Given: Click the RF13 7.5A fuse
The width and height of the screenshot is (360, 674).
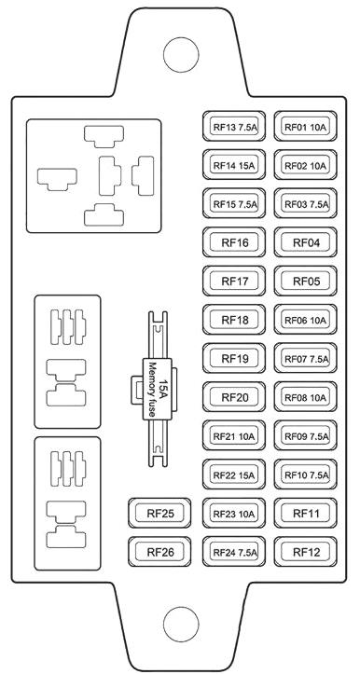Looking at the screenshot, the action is point(234,127).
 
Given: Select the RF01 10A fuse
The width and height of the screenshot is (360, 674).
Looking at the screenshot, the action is point(305,127).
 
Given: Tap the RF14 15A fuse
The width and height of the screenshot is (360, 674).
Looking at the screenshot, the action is point(234,165).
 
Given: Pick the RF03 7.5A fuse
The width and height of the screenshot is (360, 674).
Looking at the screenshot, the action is point(305,204).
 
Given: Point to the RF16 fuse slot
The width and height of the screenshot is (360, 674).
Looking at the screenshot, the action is point(234,242).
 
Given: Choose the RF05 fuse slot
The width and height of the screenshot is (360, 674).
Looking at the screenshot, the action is point(305,282).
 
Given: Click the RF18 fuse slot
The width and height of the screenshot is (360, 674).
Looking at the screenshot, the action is point(234,320).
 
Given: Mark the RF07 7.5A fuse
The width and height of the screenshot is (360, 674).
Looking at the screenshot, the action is point(305,359).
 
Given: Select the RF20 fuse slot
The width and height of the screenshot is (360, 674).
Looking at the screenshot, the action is point(234,397).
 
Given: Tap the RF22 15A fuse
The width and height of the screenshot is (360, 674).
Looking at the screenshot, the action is point(234,475).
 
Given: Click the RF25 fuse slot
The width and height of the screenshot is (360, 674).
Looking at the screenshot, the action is point(159,514).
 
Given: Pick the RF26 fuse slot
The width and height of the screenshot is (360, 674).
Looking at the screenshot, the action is point(159,552).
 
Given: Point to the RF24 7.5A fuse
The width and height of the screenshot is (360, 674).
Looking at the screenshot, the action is point(234,552).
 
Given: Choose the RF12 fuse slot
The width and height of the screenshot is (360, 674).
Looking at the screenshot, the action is point(305,552).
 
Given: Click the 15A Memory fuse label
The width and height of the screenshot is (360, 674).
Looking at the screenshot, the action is point(158,389).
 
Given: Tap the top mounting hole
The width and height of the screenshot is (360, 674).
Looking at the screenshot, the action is point(181,55).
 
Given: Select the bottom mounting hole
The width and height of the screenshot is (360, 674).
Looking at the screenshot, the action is point(181,624).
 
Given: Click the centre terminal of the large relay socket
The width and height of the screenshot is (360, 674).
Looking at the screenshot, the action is point(110,176).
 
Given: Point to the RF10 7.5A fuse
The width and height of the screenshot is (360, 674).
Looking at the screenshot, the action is point(305,475).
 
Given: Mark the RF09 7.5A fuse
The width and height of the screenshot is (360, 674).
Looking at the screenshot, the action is point(305,436).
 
